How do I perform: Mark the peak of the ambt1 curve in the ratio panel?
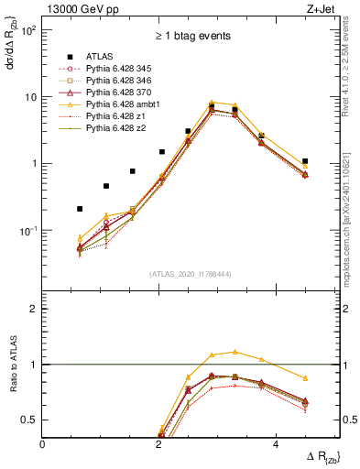coord(235,351)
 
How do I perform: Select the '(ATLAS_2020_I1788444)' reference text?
coord(190,273)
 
